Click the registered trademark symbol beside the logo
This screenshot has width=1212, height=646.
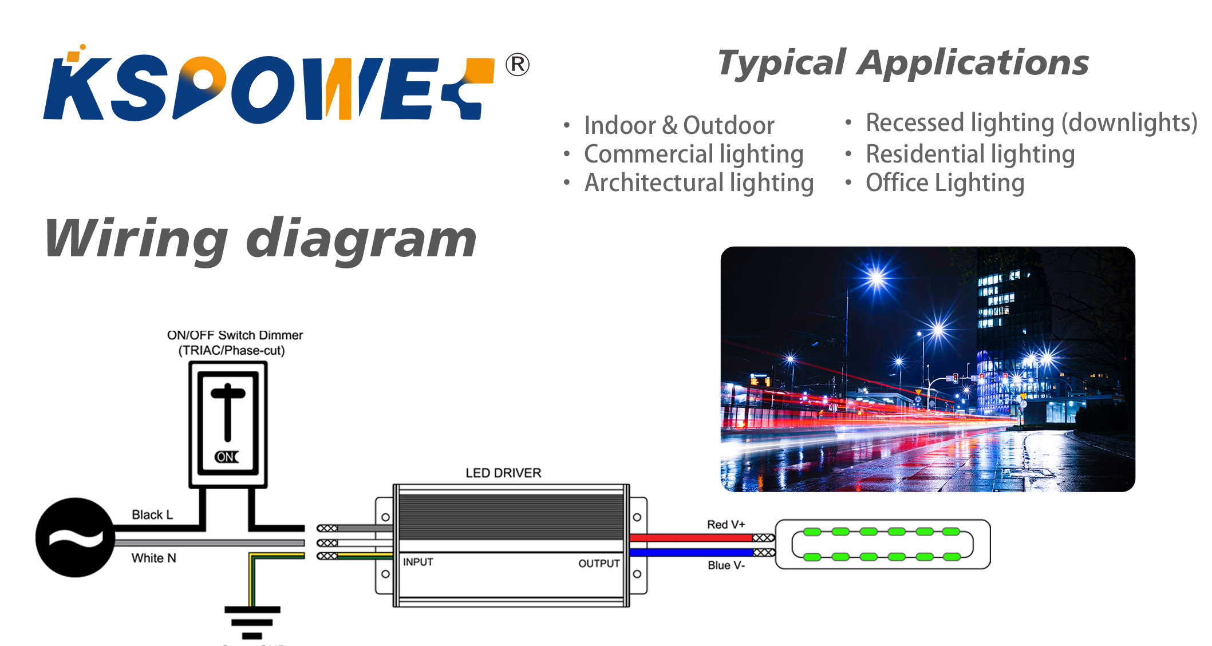tap(518, 65)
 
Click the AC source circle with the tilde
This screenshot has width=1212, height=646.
tap(75, 537)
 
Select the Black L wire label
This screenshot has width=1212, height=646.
tap(152, 514)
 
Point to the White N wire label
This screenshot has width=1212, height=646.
tap(154, 558)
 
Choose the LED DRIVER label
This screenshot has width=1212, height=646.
tap(503, 473)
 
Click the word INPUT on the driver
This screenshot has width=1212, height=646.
tap(418, 562)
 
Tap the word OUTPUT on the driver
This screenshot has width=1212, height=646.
tap(599, 564)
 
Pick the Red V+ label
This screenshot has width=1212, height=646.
tap(726, 524)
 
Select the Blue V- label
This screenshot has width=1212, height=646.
tap(726, 565)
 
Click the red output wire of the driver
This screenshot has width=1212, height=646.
tap(691, 538)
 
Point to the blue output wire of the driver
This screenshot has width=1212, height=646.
tap(691, 553)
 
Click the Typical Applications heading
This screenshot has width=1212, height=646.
tap(903, 63)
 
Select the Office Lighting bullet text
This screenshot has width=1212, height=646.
tap(945, 183)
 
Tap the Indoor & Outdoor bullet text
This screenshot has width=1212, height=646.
tap(679, 125)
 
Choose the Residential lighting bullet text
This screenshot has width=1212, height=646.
tap(970, 154)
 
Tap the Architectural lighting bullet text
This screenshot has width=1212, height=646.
tap(699, 183)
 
